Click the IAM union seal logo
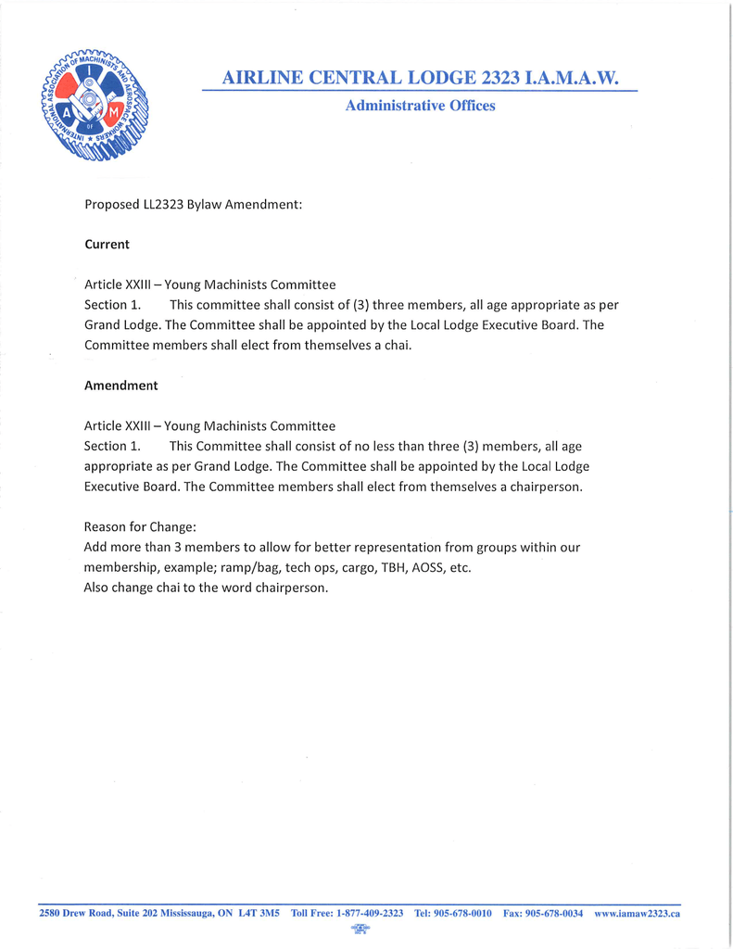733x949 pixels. coord(95,104)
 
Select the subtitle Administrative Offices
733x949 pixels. coord(420,106)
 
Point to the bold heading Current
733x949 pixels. coord(107,245)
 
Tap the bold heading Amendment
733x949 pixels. coord(120,386)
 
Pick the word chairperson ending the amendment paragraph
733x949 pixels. coord(545,487)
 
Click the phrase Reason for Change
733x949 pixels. coord(140,527)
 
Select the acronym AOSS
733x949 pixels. coord(427,568)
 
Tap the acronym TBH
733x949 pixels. coord(390,568)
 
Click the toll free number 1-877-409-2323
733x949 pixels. coord(369,913)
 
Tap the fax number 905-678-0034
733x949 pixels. coord(554,913)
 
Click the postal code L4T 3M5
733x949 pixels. coord(259,913)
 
